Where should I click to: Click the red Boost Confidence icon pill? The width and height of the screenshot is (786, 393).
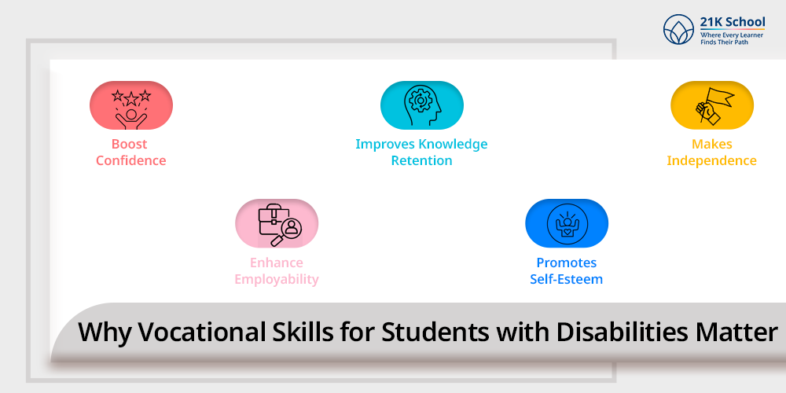pyautogui.click(x=130, y=105)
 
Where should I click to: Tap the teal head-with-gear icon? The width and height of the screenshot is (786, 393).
pyautogui.click(x=422, y=105)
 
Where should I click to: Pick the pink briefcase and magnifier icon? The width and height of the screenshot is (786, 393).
pyautogui.click(x=280, y=224)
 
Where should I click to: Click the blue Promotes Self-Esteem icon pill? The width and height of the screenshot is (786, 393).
pyautogui.click(x=567, y=223)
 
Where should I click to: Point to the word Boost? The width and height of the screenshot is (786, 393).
pyautogui.click(x=130, y=145)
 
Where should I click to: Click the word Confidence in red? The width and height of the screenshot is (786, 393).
pyautogui.click(x=130, y=161)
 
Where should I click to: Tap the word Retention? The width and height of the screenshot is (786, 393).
pyautogui.click(x=421, y=161)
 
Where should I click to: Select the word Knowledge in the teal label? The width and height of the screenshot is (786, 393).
pyautogui.click(x=454, y=145)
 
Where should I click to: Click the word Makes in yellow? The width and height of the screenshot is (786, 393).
pyautogui.click(x=712, y=145)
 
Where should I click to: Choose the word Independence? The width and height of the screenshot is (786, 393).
pyautogui.click(x=711, y=161)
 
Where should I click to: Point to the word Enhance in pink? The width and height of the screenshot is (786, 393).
pyautogui.click(x=277, y=263)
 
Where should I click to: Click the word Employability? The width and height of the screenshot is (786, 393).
pyautogui.click(x=277, y=279)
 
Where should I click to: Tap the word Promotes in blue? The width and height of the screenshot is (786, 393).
pyautogui.click(x=567, y=263)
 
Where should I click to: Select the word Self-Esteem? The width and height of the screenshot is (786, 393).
pyautogui.click(x=567, y=279)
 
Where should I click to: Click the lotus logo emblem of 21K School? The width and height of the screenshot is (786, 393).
pyautogui.click(x=679, y=29)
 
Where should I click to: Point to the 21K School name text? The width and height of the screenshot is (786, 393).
pyautogui.click(x=733, y=22)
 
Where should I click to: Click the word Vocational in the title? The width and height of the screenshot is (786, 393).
pyautogui.click(x=209, y=332)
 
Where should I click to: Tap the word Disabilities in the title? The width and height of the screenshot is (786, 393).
pyautogui.click(x=604, y=332)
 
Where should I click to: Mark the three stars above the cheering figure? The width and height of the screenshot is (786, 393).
pyautogui.click(x=130, y=95)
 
